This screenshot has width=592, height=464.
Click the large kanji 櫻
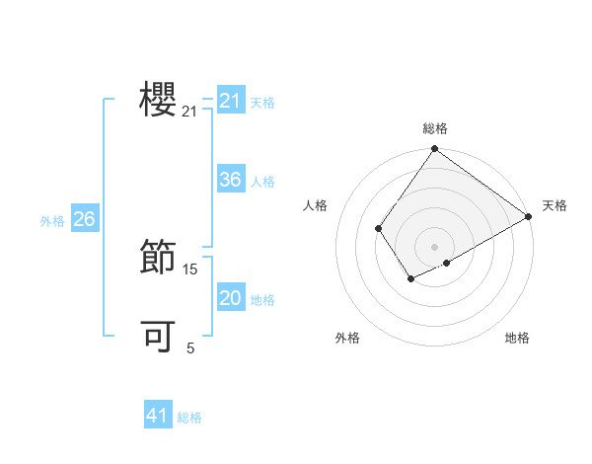tap(158, 101)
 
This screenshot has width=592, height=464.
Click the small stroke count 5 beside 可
tap(190, 348)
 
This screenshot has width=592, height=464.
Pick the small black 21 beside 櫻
tap(189, 112)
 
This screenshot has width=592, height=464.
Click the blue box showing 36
tap(231, 180)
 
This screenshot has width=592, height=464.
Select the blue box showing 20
tap(231, 298)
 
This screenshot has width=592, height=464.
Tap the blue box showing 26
tap(84, 219)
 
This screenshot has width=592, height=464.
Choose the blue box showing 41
tap(158, 416)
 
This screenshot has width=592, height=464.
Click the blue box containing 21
tap(231, 101)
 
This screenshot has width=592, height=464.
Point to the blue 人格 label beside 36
tap(262, 182)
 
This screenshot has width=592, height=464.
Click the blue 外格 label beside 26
tap(52, 221)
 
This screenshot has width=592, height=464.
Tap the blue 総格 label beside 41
tap(189, 418)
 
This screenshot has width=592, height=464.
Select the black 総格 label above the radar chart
tap(435, 128)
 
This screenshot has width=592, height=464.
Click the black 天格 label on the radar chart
tap(555, 205)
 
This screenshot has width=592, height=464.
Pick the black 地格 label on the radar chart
tap(517, 338)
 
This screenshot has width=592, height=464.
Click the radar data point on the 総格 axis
tap(435, 149)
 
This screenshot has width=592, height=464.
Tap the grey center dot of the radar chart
tap(435, 246)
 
